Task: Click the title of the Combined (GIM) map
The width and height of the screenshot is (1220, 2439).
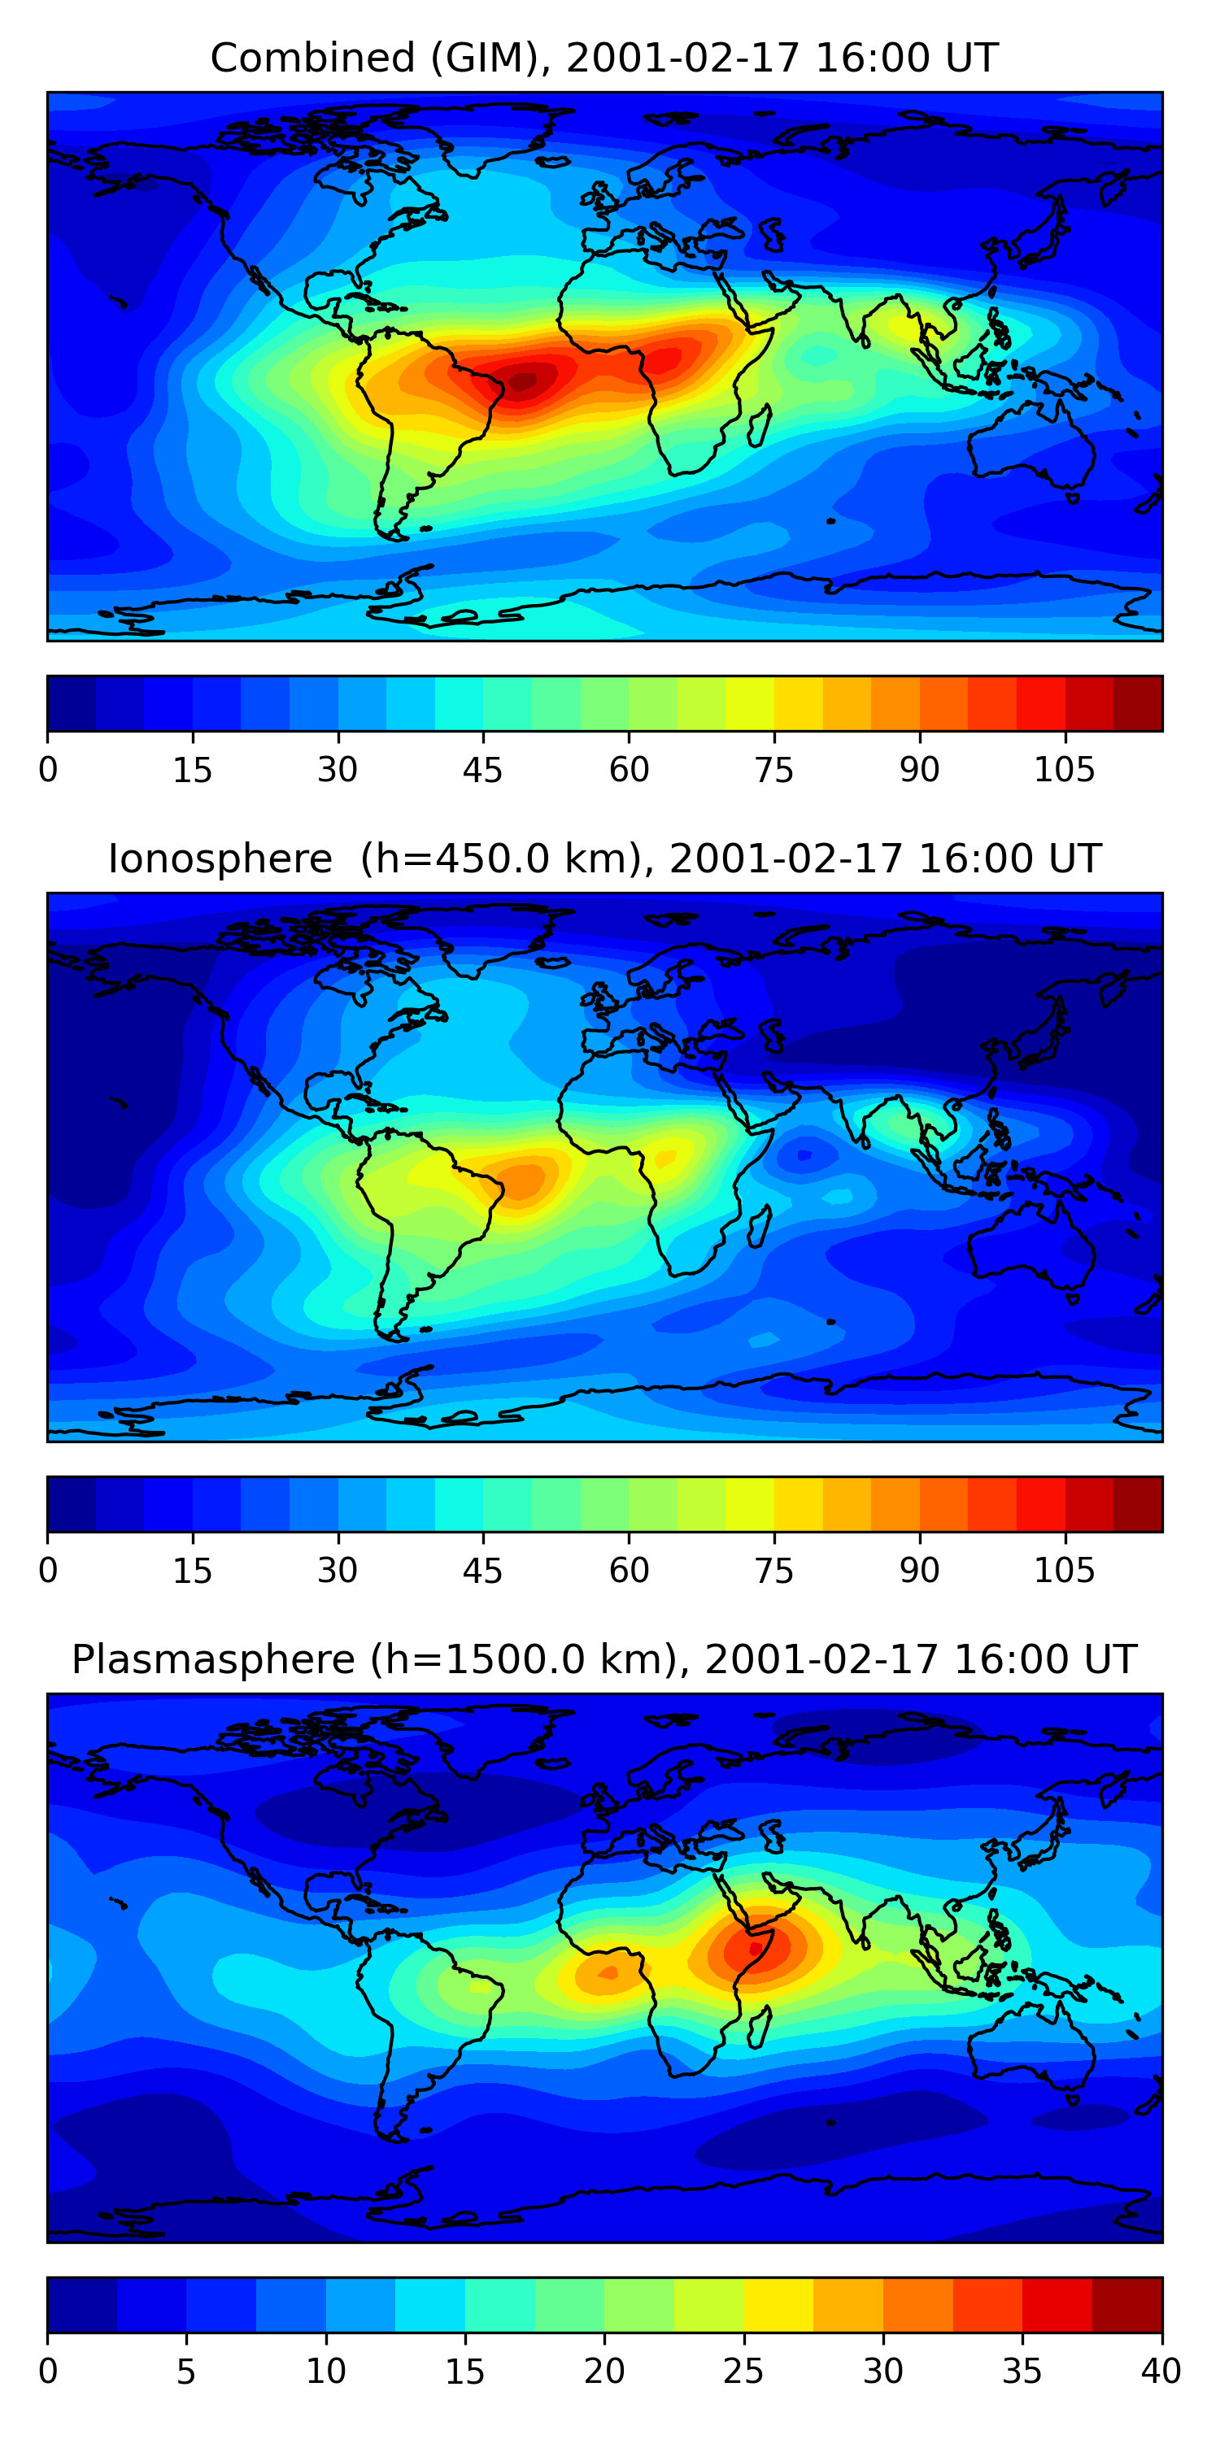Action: (x=604, y=58)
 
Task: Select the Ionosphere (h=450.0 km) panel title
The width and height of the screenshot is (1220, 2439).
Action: (x=604, y=859)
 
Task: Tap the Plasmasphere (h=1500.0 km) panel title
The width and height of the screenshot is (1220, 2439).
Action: (x=604, y=1660)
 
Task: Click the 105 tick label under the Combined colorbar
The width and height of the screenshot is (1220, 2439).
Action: (x=1064, y=770)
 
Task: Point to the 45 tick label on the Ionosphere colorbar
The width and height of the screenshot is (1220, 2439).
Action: (x=482, y=1571)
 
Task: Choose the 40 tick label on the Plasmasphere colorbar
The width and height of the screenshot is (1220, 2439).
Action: (x=1161, y=2372)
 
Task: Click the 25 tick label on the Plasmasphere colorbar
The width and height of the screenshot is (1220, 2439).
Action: (x=743, y=2372)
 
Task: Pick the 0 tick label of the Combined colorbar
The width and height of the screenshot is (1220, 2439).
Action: (x=48, y=770)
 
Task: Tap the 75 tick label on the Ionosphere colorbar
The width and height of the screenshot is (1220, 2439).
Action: (x=773, y=1571)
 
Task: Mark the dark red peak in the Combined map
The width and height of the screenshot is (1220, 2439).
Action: (x=523, y=381)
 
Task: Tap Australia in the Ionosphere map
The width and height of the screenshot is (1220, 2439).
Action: (x=1032, y=1250)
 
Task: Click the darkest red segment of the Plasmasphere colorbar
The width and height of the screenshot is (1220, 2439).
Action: (x=1126, y=2305)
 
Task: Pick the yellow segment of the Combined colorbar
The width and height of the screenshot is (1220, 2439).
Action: (x=798, y=703)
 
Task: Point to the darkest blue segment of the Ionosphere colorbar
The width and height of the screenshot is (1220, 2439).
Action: (x=72, y=1503)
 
